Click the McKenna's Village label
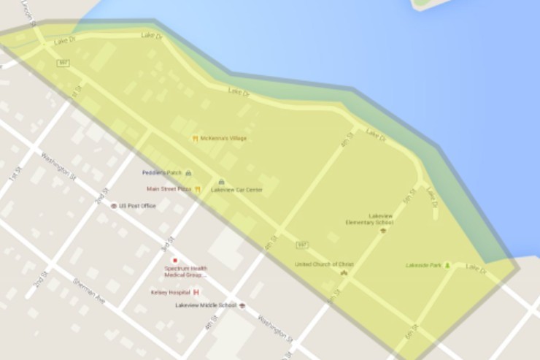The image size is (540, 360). [223, 138]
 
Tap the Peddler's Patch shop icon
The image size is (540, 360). [188, 173]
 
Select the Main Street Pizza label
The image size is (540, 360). [169, 188]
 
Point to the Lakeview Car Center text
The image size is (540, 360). [236, 190]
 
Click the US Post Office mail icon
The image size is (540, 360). [113, 206]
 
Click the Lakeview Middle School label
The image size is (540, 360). [206, 305]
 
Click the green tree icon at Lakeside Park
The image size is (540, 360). [447, 264]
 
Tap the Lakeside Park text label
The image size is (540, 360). [423, 264]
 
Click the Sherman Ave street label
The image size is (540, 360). [88, 291]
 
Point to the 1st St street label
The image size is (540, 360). [12, 175]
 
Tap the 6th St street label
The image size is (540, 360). [410, 332]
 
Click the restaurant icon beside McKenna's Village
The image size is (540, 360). [195, 138]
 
